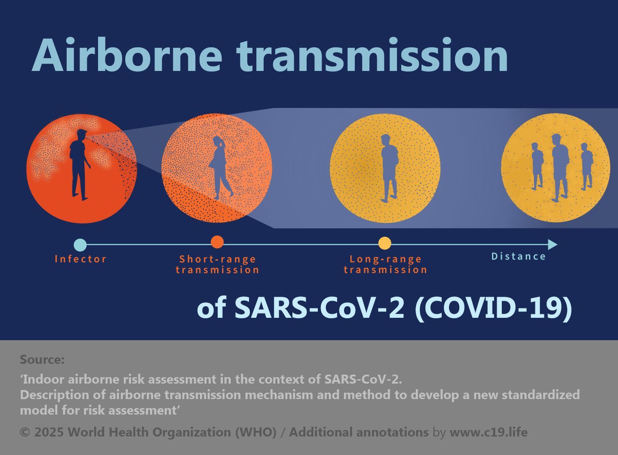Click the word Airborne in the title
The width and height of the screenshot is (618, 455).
click(x=127, y=55)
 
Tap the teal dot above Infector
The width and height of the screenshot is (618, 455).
click(x=80, y=244)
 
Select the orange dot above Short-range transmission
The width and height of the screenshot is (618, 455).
click(x=217, y=242)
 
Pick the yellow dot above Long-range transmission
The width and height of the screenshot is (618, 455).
click(x=384, y=243)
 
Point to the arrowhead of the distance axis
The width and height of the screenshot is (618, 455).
click(x=552, y=244)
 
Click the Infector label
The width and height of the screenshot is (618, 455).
click(x=80, y=259)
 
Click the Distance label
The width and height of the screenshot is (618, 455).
click(x=518, y=256)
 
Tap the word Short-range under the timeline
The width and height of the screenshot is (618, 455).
click(x=218, y=259)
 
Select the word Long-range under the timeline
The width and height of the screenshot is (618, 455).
click(x=386, y=259)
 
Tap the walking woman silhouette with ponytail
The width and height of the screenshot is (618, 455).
click(x=221, y=168)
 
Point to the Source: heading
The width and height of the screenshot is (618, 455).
click(x=42, y=360)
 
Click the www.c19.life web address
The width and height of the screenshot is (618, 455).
click(x=488, y=432)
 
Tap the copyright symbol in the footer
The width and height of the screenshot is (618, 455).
click(x=25, y=432)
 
